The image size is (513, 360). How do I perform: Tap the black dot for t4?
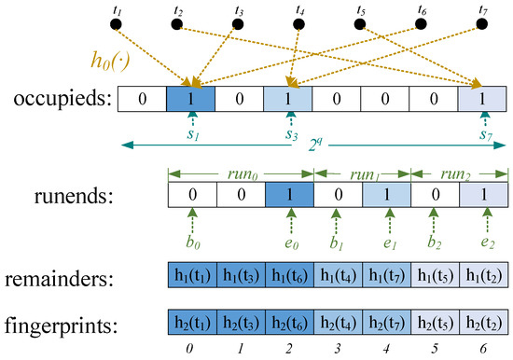click(x=298, y=22)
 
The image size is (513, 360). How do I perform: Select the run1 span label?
click(x=362, y=174)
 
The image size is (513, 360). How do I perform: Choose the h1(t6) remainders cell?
click(x=288, y=277)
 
